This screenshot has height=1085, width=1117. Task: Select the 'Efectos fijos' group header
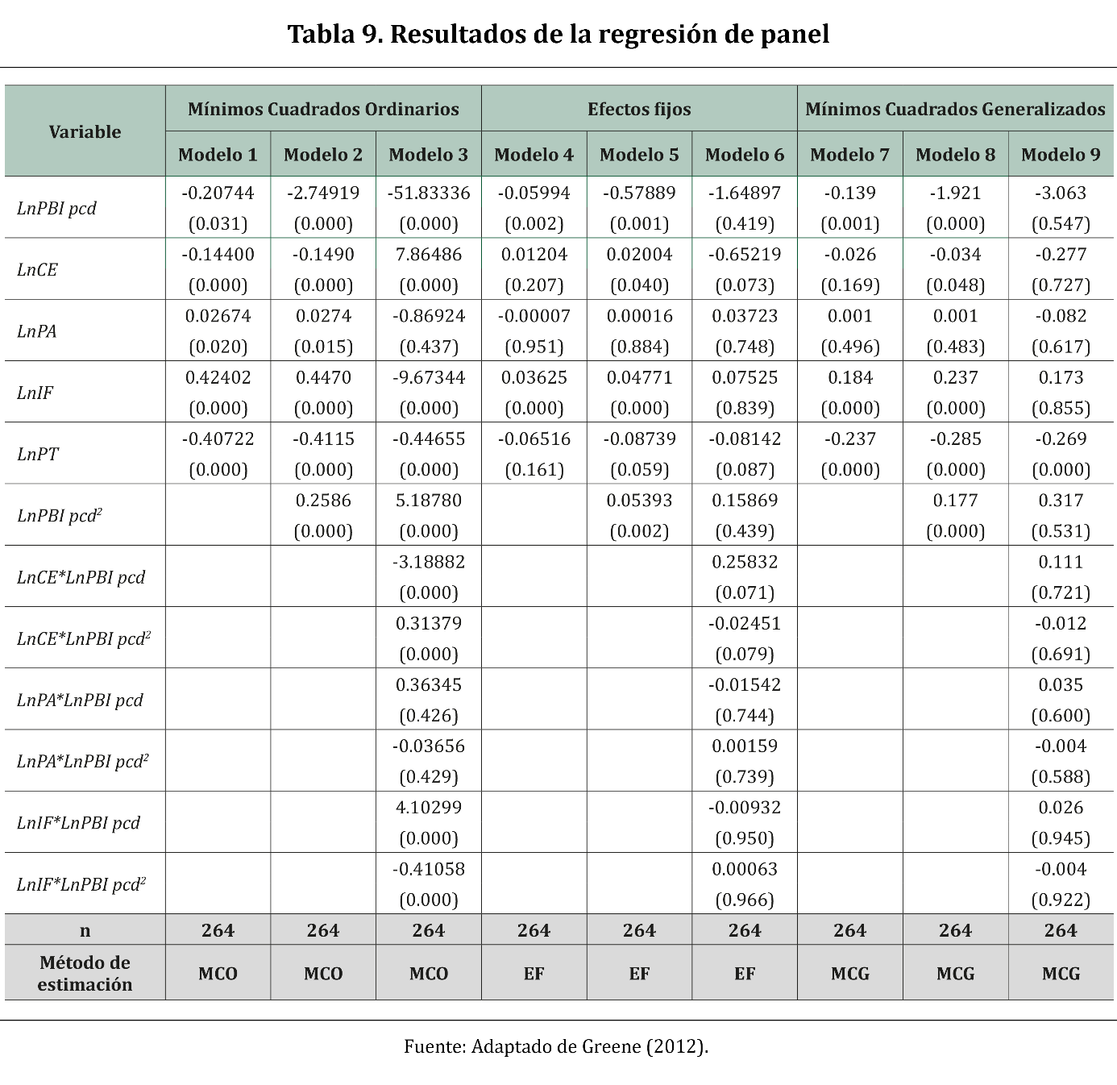639,109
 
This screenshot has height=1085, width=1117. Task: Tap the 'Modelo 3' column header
428,155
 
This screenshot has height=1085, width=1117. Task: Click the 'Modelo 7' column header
849,155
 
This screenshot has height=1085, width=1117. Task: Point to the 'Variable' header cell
85,131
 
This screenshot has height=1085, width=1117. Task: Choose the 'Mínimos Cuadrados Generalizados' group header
955,109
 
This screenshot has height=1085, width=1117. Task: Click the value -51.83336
428,193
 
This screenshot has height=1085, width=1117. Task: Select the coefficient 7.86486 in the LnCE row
428,255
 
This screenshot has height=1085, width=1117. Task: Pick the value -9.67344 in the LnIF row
428,377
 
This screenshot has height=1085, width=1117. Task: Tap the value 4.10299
428,808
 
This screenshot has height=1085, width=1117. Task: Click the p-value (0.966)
745,900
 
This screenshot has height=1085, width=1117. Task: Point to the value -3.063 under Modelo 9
1061,193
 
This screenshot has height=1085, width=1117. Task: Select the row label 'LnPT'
38,454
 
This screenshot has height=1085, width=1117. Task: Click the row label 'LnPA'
37,331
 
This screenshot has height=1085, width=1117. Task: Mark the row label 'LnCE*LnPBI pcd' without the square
81,577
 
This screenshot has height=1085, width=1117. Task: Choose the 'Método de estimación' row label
85,973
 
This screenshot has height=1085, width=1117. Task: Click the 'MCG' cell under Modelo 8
955,974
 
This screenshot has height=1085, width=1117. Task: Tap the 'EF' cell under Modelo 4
534,974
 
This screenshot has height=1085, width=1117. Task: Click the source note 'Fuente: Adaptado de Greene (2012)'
556,1046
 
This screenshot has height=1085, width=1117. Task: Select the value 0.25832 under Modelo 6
745,562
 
